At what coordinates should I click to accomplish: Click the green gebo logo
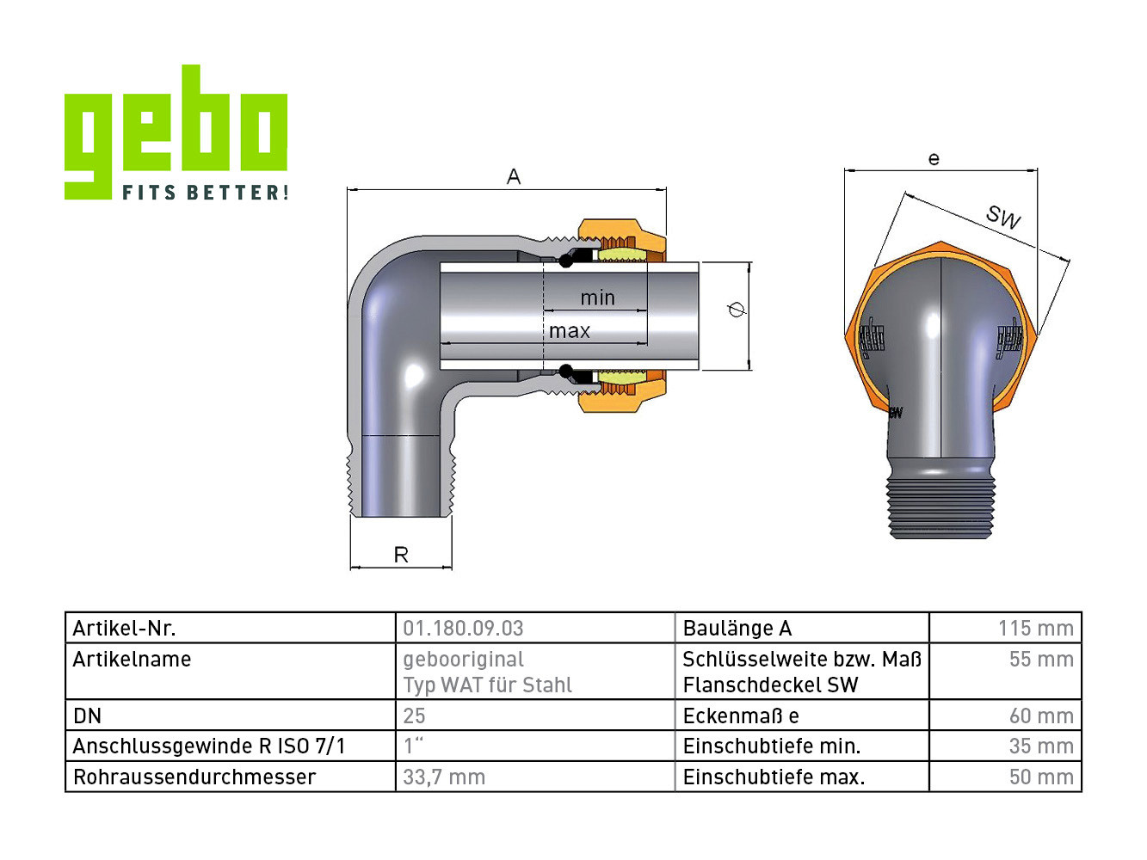(x=176, y=132)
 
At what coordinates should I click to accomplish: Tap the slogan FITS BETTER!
(x=205, y=192)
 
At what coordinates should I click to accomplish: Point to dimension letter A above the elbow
(x=513, y=177)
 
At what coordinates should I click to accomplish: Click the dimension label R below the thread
(x=401, y=555)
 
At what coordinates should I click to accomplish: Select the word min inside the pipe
(x=598, y=298)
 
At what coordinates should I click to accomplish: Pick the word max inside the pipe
(x=569, y=331)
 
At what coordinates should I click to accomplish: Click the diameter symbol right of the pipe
(x=737, y=310)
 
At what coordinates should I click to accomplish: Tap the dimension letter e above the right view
(x=934, y=159)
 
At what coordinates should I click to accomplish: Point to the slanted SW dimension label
(x=1002, y=217)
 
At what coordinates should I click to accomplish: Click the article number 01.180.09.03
(x=463, y=628)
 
